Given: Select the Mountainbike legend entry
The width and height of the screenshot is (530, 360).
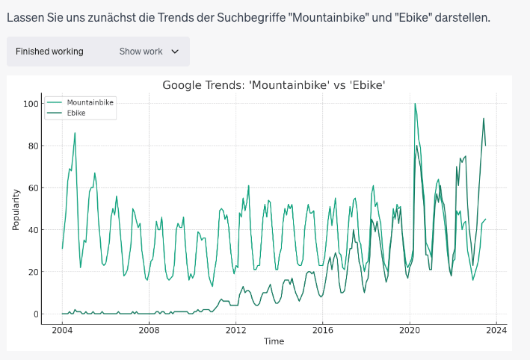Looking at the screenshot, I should click(x=90, y=102).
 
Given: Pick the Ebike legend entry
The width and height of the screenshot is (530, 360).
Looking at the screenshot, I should click(x=76, y=113).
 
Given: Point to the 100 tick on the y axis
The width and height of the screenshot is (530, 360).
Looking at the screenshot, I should click(x=30, y=104).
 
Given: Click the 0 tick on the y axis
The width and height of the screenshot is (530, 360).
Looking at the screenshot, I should click(x=34, y=314).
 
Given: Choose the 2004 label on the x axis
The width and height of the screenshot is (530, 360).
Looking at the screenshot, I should click(x=62, y=329).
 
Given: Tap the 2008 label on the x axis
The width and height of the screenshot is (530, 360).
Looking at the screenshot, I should click(x=149, y=329).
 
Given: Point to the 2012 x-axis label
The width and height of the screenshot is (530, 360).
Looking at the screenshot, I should click(x=235, y=329).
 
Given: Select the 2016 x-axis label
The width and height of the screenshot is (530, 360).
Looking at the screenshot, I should click(x=322, y=329).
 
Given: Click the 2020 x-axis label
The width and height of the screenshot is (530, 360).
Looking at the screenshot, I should click(x=409, y=329).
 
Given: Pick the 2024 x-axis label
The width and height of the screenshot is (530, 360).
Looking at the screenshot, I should click(x=496, y=329).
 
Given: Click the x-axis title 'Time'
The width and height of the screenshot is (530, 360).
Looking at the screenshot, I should click(x=274, y=341).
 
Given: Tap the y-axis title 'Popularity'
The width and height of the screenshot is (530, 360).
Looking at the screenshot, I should click(x=16, y=209).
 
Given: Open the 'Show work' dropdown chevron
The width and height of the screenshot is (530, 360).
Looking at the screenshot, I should click(x=176, y=52).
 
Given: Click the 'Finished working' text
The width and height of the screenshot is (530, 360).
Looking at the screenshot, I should click(x=49, y=52).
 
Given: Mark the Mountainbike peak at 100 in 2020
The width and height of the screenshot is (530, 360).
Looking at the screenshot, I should click(x=416, y=104).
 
